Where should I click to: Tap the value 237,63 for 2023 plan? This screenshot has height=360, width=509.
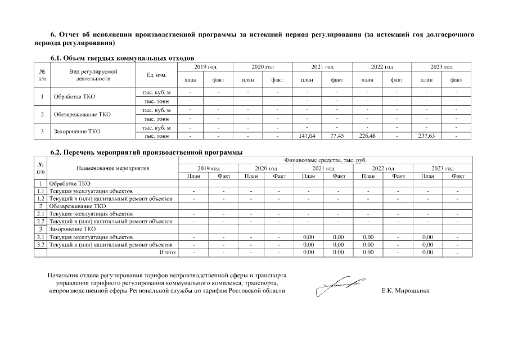426,136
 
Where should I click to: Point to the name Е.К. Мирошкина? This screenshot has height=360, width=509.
405,291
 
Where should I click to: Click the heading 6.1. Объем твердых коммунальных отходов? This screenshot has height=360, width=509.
122,58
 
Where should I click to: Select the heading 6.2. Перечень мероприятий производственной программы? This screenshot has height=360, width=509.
146,152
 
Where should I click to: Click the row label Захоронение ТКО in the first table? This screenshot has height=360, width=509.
77,132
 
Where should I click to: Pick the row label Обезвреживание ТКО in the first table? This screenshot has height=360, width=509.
82,114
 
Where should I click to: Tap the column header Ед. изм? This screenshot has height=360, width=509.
156,75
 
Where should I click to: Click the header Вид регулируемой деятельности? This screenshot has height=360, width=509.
93,75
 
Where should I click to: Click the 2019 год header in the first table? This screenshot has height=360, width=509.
205,67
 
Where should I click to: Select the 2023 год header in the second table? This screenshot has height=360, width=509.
442,168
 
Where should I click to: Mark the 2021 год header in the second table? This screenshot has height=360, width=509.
323,168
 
